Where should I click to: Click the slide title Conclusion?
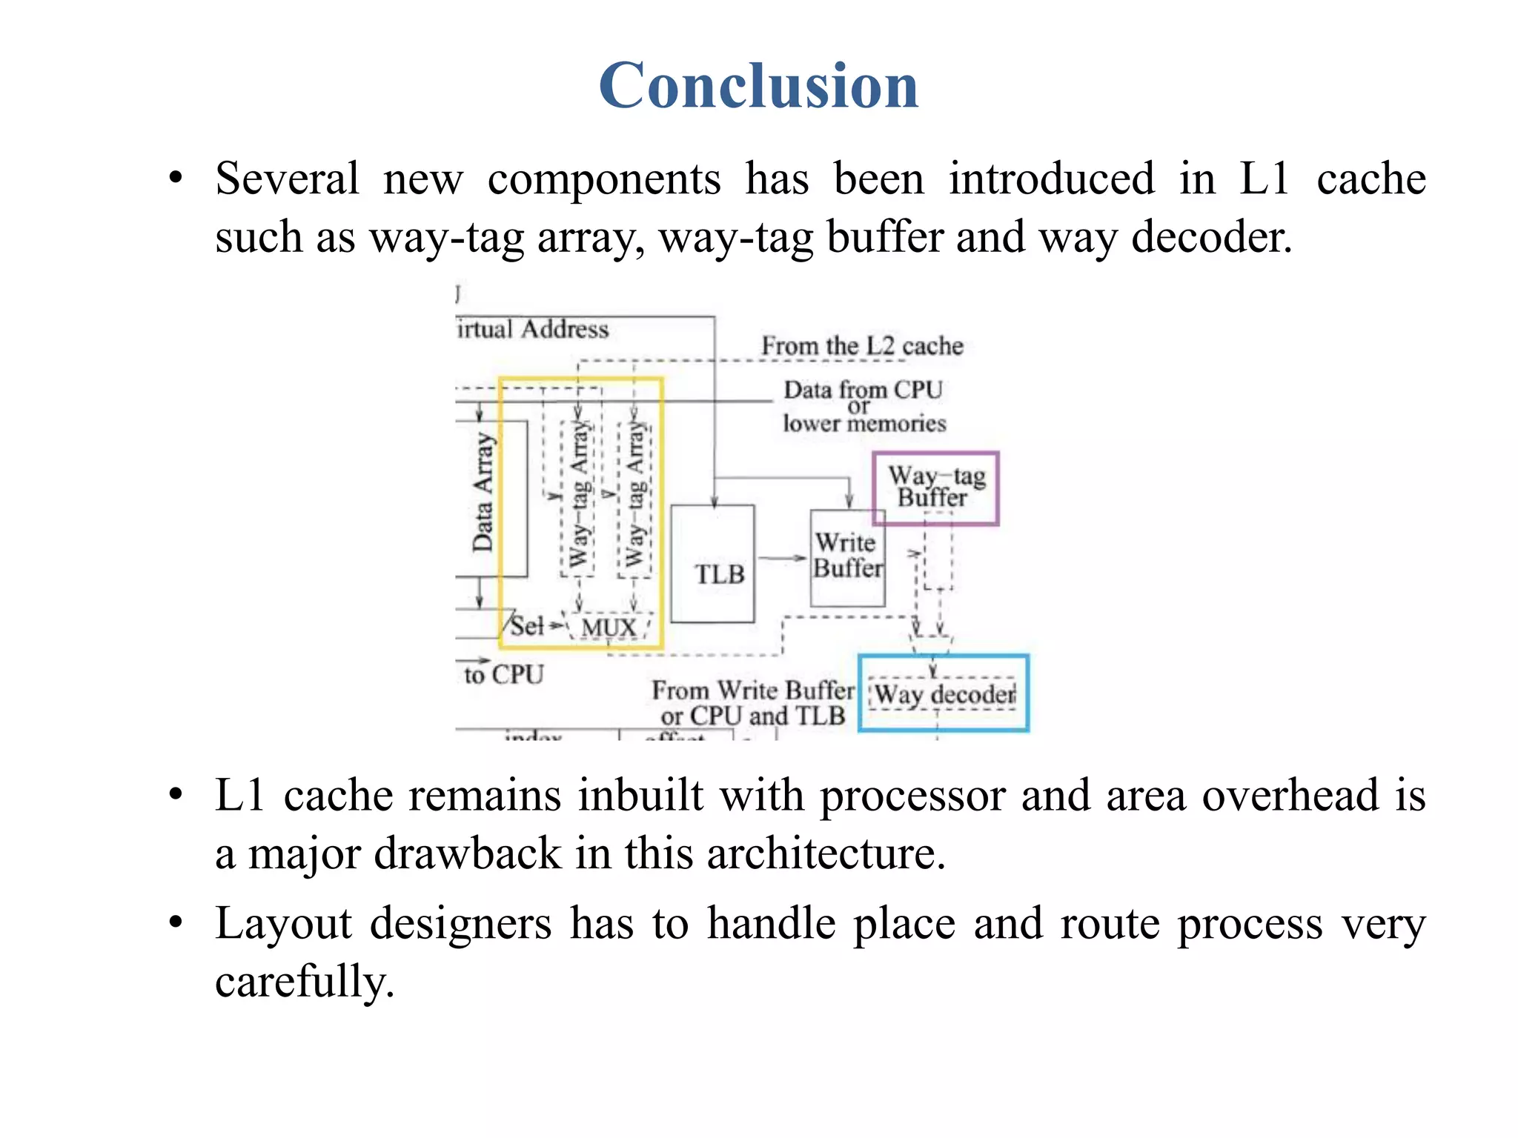click(758, 86)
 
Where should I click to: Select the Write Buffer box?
click(847, 557)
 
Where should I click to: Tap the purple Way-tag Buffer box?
click(935, 488)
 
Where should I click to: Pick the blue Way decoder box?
click(944, 694)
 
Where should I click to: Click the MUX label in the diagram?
click(609, 628)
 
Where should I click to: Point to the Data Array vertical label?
click(483, 493)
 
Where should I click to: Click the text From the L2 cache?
click(862, 346)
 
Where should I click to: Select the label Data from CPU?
click(863, 390)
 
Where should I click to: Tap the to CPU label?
click(503, 674)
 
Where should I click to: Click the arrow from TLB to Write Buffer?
click(782, 558)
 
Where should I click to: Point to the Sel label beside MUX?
click(527, 627)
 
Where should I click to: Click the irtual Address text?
click(533, 329)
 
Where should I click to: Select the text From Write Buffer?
click(752, 691)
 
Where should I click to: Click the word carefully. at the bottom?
click(305, 982)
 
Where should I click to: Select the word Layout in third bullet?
click(283, 925)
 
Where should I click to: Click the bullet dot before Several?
click(176, 179)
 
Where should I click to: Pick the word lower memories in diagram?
click(864, 423)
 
